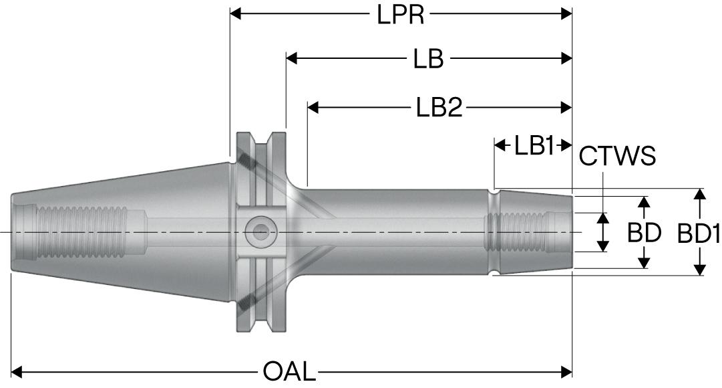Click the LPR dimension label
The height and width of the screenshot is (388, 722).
tap(400, 14)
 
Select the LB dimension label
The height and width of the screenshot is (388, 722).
tap(427, 59)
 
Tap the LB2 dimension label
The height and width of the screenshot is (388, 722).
tap(439, 107)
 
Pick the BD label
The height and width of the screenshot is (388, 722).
tap(644, 233)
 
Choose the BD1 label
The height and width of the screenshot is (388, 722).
tap(699, 233)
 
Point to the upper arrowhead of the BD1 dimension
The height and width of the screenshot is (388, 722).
tap(699, 194)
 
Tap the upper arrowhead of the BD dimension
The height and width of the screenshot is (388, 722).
tap(644, 202)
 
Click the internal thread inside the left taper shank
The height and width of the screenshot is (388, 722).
tap(80, 232)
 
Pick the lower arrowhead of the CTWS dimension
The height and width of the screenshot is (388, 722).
tap(603, 246)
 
